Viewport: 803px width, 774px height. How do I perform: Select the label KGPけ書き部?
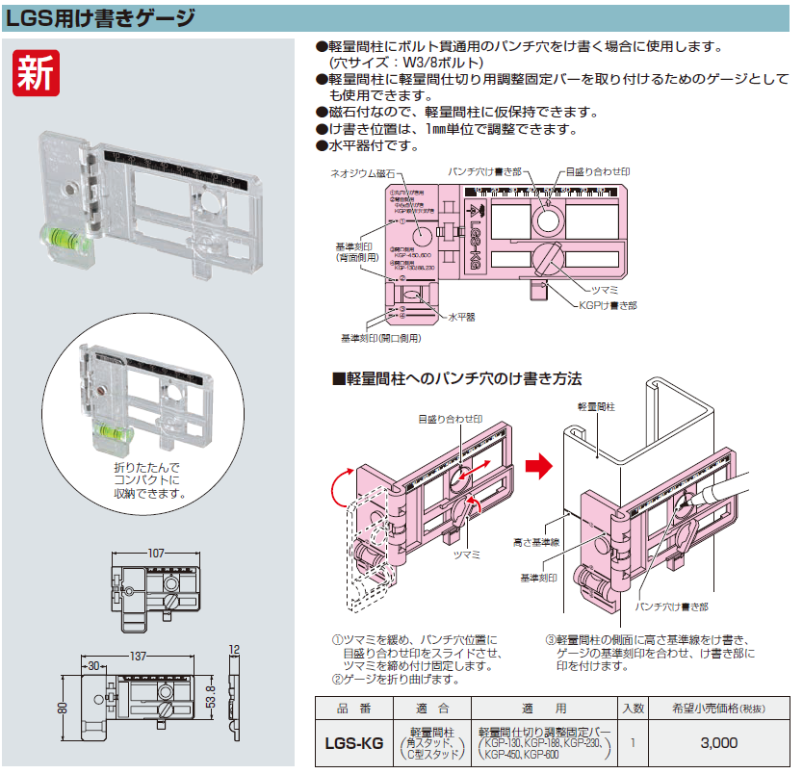[x=608, y=305]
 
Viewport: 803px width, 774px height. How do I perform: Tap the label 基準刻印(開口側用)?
[x=380, y=338]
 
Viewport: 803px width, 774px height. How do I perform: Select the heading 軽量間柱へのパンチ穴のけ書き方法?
[x=458, y=378]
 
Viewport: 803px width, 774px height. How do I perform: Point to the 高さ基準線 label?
[x=537, y=543]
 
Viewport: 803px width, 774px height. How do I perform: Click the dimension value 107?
[x=159, y=554]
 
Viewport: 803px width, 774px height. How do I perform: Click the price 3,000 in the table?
[x=718, y=742]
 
